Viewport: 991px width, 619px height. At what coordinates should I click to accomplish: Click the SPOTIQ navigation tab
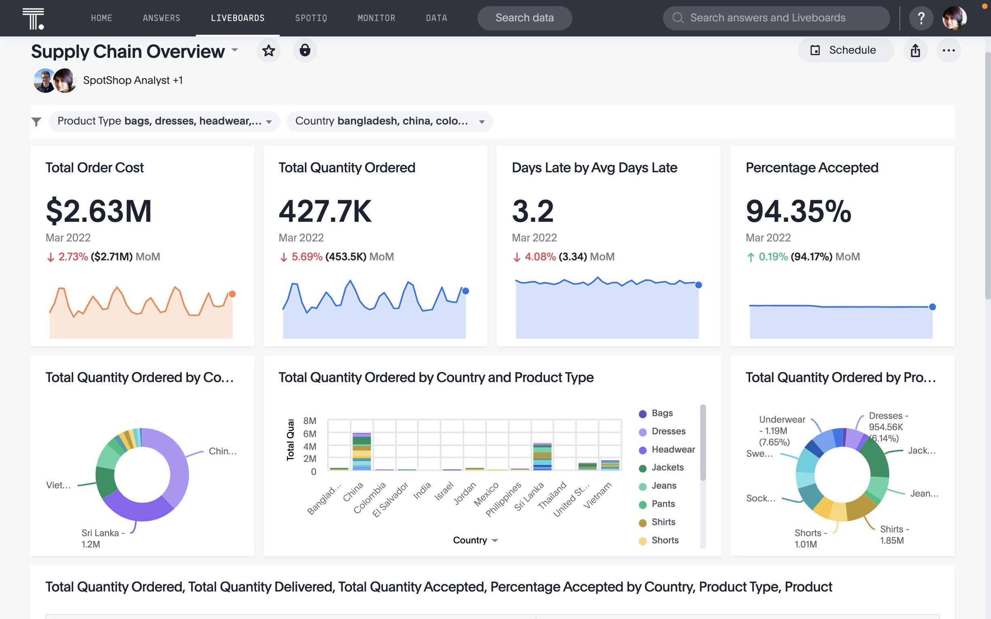pos(311,18)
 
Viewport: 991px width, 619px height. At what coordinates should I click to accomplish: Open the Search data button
pos(524,18)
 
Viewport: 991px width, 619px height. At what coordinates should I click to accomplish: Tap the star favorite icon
pos(269,50)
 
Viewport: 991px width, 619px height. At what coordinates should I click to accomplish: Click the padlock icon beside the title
pos(305,50)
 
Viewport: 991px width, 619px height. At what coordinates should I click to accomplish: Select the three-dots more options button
pos(948,50)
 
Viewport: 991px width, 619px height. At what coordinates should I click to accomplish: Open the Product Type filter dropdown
pos(164,121)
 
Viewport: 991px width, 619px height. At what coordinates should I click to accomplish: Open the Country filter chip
pos(389,121)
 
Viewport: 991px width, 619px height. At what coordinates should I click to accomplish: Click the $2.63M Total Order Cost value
pos(99,211)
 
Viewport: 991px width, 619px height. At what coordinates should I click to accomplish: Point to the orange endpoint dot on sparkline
pos(232,294)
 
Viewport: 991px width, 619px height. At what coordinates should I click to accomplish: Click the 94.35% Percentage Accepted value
pos(798,211)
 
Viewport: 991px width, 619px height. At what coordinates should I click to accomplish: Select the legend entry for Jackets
pos(667,468)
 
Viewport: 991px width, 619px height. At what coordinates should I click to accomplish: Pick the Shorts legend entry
pos(665,541)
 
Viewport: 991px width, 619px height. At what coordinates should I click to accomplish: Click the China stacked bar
pos(362,451)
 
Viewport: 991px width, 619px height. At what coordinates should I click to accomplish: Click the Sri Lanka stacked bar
pos(542,456)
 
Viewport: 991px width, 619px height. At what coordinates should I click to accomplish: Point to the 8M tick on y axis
pos(310,421)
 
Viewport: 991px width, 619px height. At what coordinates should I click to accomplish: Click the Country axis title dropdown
pos(475,541)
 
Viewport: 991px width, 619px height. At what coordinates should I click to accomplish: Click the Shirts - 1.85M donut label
pos(894,535)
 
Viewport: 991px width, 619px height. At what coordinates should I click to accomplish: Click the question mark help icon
pos(921,18)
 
